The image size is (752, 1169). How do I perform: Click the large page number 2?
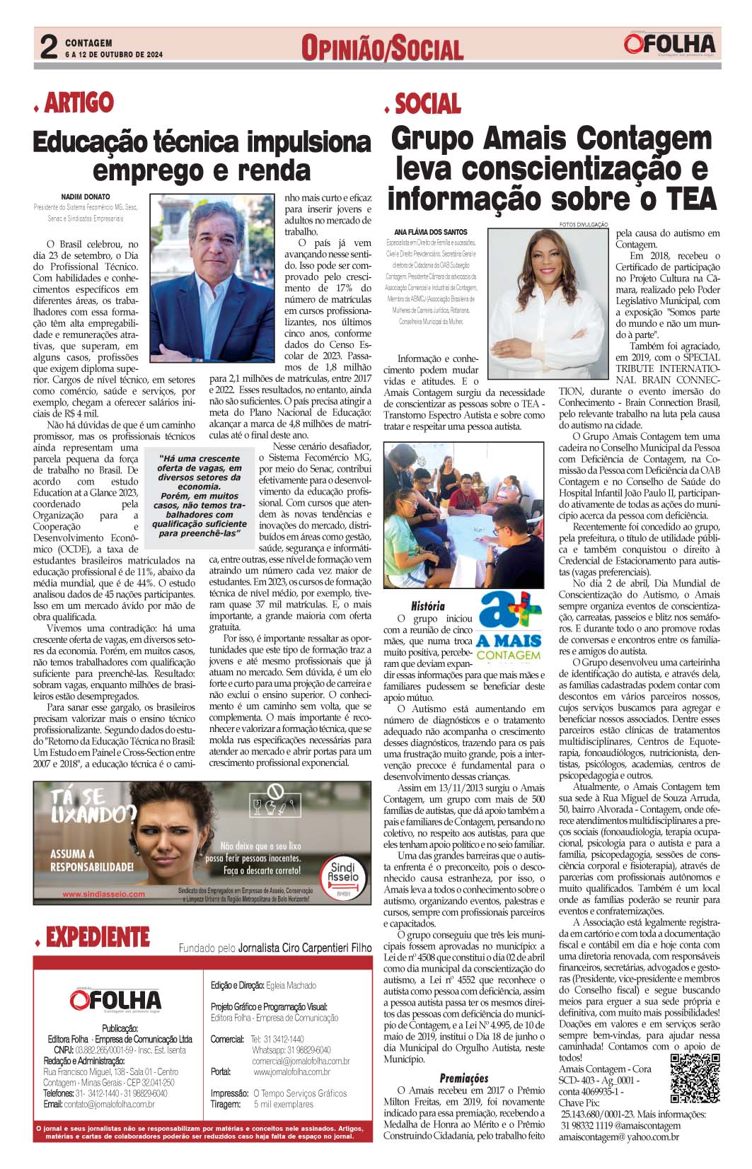[x=48, y=48]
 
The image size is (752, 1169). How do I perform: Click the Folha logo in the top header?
[x=669, y=44]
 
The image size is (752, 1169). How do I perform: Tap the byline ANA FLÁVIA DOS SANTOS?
[x=430, y=232]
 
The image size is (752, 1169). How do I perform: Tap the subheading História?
[x=428, y=605]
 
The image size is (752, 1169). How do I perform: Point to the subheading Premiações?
[x=464, y=1078]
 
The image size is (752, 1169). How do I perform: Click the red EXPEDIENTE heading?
[x=98, y=938]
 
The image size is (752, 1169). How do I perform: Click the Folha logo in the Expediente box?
[x=115, y=999]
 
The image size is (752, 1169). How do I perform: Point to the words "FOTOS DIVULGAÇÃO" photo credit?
[x=583, y=224]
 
